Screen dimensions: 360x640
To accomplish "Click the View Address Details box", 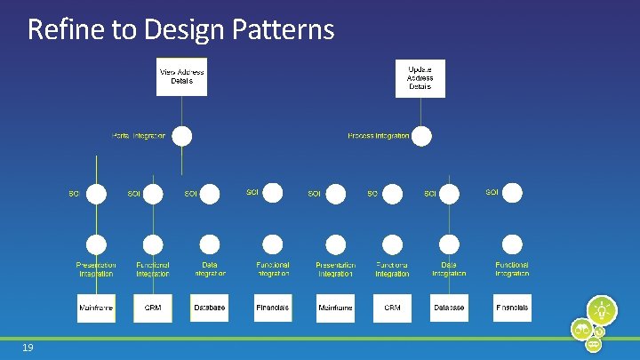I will pos(181,76).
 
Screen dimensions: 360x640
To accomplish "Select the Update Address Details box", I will pos(420,77).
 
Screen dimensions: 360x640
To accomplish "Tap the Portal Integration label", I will pos(139,136).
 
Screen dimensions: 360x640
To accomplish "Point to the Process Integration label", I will pos(379,136).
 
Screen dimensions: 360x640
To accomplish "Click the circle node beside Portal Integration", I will pos(181,136).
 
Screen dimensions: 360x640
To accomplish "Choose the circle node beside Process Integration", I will pos(421,136).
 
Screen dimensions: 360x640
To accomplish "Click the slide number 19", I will pos(28,348).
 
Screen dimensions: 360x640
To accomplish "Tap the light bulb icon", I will pos(604,310).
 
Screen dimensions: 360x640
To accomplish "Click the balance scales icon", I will pos(582,330).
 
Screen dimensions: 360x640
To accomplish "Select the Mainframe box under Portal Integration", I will pos(96,308).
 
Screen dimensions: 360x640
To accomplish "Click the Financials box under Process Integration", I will pos(512,308).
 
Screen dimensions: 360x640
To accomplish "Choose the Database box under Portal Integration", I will pos(210,308).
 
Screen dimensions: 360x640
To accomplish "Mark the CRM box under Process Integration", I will pos(392,308).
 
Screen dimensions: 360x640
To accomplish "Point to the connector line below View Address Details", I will pos(181,110).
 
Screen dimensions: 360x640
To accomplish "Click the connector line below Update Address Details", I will pos(420,111).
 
